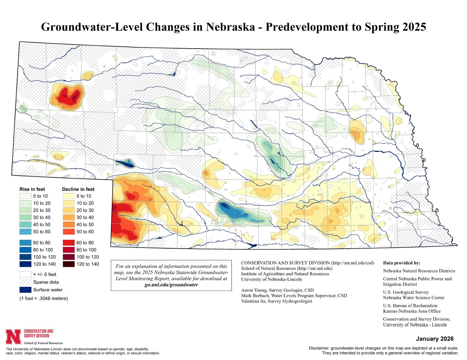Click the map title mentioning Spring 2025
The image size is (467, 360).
pyautogui.click(x=233, y=27)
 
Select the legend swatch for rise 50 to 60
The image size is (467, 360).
pyautogui.click(x=25, y=232)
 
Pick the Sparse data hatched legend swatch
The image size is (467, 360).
pyautogui.click(x=25, y=282)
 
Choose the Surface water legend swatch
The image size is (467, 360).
pyautogui.click(x=25, y=290)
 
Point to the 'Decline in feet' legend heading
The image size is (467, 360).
pyautogui.click(x=78, y=189)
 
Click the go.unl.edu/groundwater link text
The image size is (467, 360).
pyautogui.click(x=171, y=285)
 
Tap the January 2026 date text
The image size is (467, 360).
pyautogui.click(x=435, y=339)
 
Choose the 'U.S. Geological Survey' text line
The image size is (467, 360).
pyautogui.click(x=406, y=292)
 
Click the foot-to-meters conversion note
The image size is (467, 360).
pyautogui.click(x=44, y=298)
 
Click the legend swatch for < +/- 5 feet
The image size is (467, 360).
pyautogui.click(x=25, y=274)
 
